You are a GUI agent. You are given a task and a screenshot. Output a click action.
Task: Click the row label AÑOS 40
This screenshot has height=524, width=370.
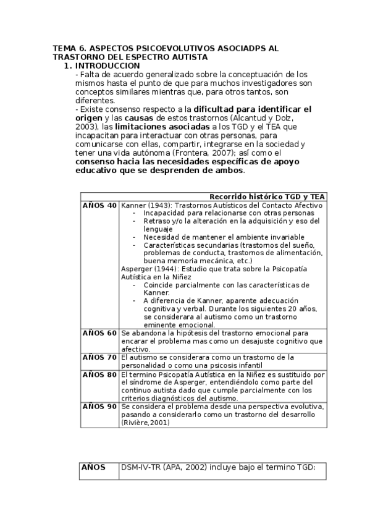pyautogui.click(x=99, y=205)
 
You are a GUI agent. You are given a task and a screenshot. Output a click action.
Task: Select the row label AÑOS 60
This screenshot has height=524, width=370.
pyautogui.click(x=99, y=333)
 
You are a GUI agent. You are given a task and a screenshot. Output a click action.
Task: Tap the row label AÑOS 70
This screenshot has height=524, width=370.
pyautogui.click(x=99, y=357)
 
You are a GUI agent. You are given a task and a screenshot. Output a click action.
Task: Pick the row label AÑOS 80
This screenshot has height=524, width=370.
pyautogui.click(x=99, y=374)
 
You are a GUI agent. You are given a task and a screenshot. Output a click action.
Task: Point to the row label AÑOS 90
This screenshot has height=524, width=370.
pyautogui.click(x=99, y=407)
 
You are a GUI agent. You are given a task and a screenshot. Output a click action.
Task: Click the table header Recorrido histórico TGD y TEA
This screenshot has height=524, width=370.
pyautogui.click(x=267, y=196)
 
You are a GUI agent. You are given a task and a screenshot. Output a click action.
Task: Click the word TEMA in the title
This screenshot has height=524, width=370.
pyautogui.click(x=65, y=48)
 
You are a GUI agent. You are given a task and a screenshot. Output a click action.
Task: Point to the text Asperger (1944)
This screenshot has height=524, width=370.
pyautogui.click(x=144, y=269)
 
